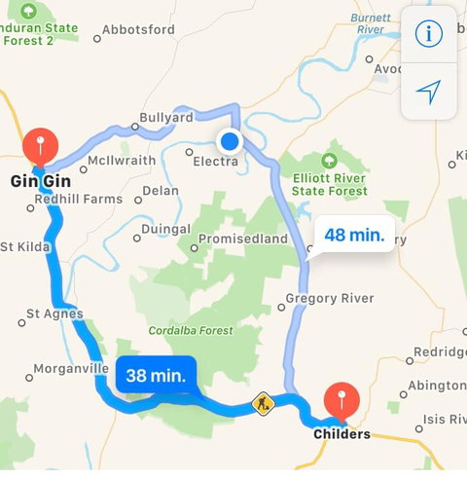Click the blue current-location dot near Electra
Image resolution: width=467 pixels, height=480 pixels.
pyautogui.click(x=230, y=141)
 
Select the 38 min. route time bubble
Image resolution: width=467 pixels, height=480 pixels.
pyautogui.click(x=156, y=374)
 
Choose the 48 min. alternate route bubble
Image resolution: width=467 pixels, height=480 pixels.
pyautogui.click(x=354, y=235)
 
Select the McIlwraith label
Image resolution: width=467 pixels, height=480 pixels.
pyautogui.click(x=122, y=160)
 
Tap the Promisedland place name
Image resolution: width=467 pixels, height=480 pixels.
pyautogui.click(x=242, y=239)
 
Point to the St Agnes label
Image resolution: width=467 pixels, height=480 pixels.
pyautogui.click(x=54, y=314)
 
